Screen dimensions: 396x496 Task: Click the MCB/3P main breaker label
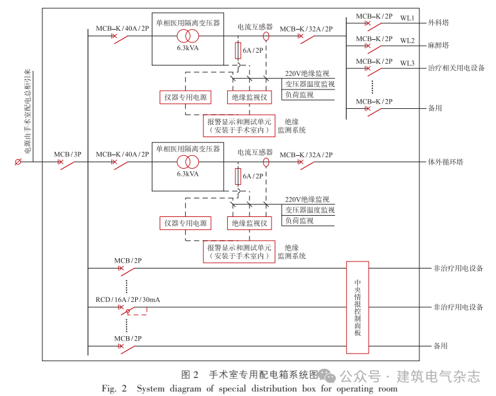(68, 155)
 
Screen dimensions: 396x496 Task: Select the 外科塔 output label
(439, 23)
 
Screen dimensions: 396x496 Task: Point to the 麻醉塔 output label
(439, 45)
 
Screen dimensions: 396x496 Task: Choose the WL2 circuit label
(407, 41)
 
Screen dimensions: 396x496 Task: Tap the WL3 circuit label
(407, 63)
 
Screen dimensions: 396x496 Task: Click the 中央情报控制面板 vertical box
(358, 307)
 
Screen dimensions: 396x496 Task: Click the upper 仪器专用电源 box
(185, 97)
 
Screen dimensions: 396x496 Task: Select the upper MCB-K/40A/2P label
(122, 28)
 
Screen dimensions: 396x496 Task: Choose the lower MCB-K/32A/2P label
(306, 155)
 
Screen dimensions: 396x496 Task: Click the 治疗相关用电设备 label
(456, 68)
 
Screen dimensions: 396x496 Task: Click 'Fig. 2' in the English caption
(115, 388)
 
